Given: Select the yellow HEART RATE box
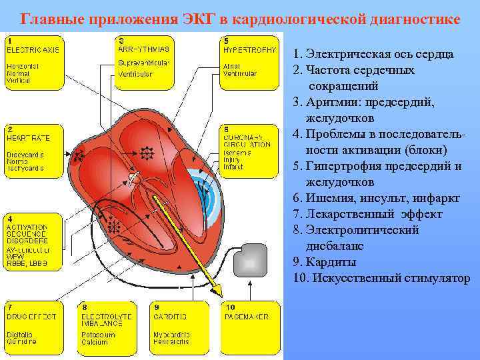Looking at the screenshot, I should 33,149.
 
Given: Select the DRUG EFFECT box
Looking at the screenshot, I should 33,327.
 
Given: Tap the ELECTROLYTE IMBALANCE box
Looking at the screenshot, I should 107,327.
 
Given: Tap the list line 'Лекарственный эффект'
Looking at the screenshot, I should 367,214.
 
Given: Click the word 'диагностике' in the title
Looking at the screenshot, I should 415,19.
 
